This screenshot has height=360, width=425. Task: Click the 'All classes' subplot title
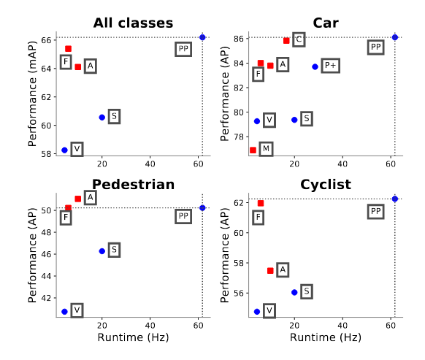(133, 23)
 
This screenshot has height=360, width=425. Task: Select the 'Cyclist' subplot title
(325, 185)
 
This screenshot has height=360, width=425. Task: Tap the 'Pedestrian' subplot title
(133, 185)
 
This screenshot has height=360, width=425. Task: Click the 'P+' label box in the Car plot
(330, 66)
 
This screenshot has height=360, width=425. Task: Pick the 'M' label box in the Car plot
(266, 149)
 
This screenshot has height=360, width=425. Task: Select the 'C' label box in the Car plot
(299, 39)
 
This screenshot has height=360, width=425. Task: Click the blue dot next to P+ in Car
(315, 66)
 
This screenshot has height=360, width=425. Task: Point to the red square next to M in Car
(253, 150)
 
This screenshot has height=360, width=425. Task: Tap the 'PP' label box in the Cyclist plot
(375, 212)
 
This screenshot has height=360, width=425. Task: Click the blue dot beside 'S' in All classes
(102, 117)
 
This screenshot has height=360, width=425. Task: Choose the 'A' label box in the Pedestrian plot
(90, 197)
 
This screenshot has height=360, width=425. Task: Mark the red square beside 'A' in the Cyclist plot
(270, 270)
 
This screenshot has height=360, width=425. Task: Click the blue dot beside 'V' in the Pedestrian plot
(64, 311)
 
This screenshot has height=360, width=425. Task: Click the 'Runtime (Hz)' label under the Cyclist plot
(325, 338)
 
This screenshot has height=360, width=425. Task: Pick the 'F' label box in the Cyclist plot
(258, 218)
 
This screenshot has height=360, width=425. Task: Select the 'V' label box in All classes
(76, 149)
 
